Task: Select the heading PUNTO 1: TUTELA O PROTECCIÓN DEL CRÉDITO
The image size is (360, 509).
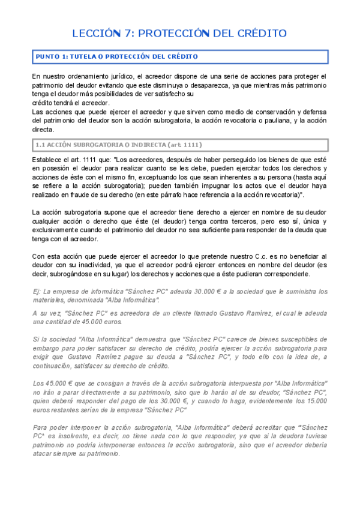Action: coord(117,56)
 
